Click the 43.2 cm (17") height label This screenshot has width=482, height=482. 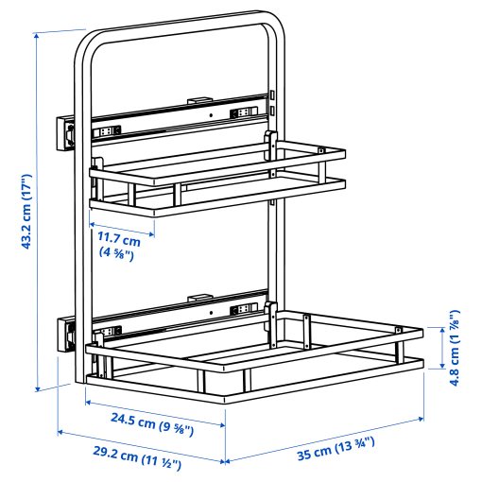click(26, 213)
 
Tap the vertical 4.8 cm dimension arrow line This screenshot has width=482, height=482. click(439, 348)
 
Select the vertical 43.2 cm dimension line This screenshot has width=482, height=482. click(38, 213)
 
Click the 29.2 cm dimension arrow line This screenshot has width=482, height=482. click(142, 447)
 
